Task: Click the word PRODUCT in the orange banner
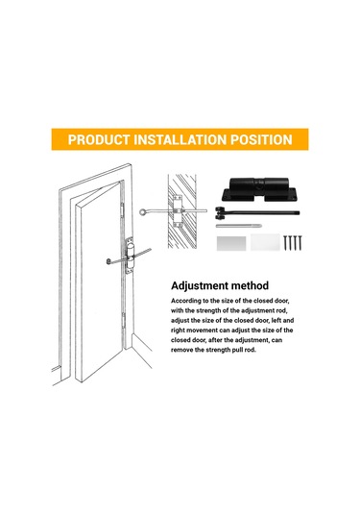[x=98, y=139]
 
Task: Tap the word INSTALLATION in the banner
[x=180, y=139]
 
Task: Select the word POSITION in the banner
[x=261, y=139]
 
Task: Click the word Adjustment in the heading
[x=200, y=286]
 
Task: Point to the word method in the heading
[x=250, y=285]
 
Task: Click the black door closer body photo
[x=259, y=189]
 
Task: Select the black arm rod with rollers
[x=257, y=213]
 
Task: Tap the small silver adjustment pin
[x=238, y=226]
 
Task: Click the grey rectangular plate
[x=231, y=243]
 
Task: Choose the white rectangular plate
[x=265, y=242]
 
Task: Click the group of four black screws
[x=293, y=242]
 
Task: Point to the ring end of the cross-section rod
[x=143, y=212]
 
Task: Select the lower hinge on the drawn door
[x=124, y=320]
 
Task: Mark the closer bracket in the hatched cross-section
[x=178, y=211]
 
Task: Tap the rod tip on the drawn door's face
[x=108, y=261]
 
